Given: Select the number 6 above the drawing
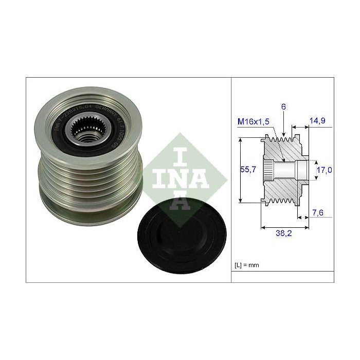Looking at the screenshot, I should pyautogui.click(x=283, y=106).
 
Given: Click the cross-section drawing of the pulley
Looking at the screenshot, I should pyautogui.click(x=285, y=170).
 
